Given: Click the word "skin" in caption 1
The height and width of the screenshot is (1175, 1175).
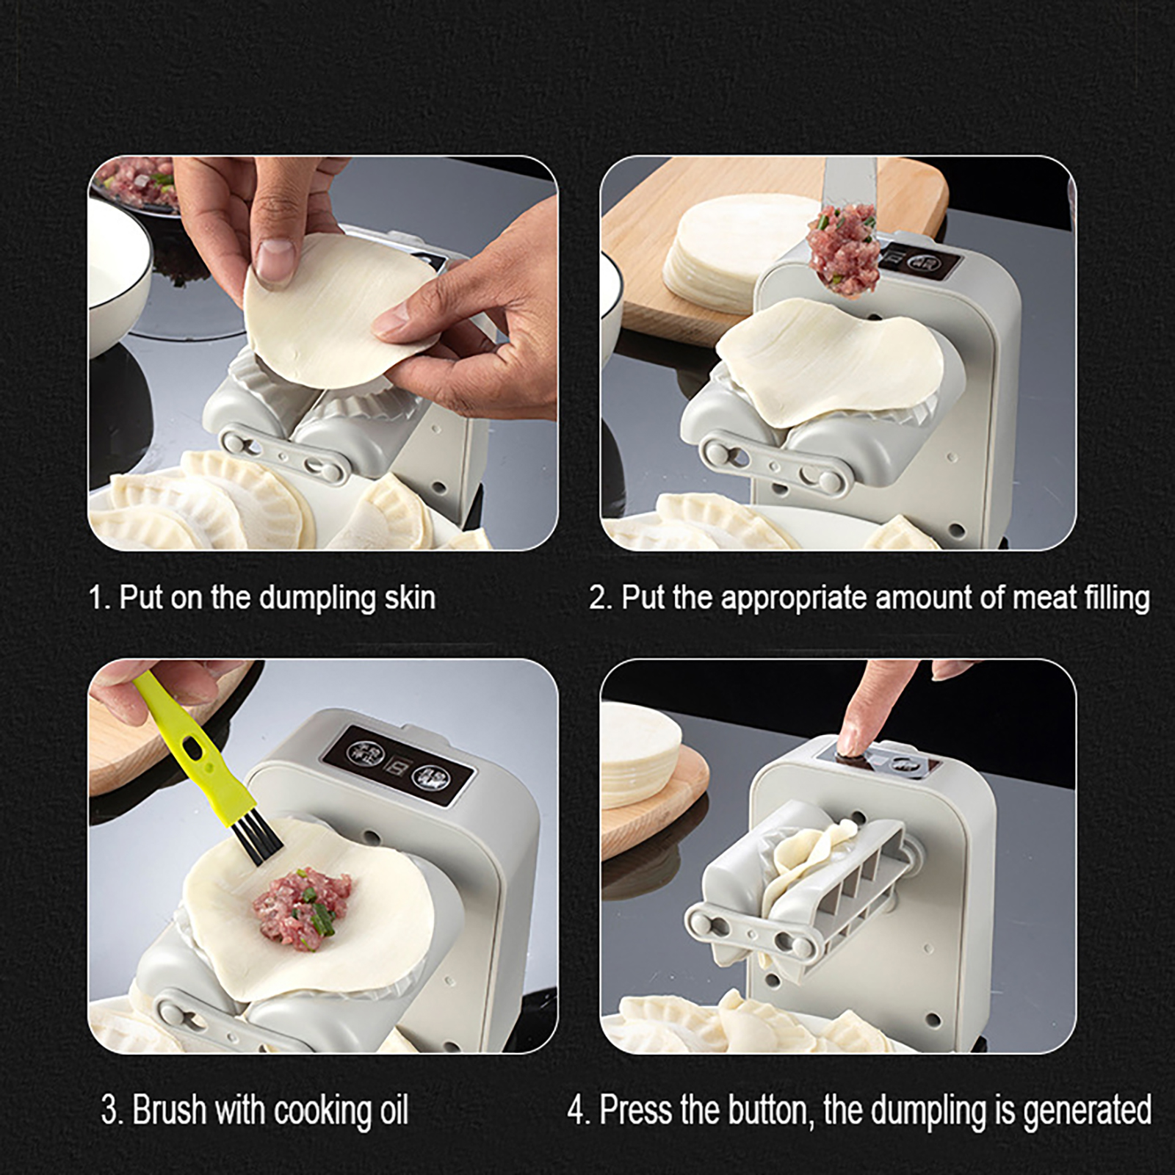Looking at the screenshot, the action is [410, 598].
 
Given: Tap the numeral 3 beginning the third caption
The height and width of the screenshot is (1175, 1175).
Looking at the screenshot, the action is [109, 1110].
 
